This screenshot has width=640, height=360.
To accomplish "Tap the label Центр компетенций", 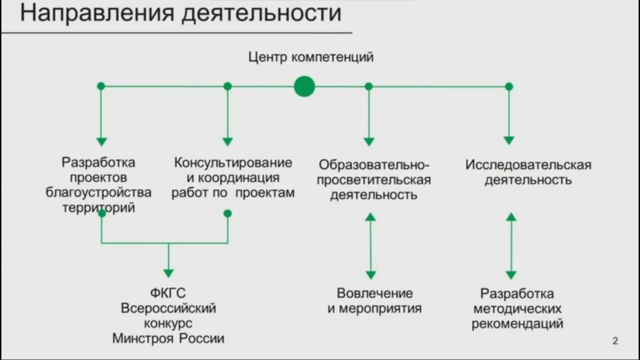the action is [311, 57].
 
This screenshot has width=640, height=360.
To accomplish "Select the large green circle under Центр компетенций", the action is [304, 86].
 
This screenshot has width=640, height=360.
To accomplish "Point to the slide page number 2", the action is [615, 340].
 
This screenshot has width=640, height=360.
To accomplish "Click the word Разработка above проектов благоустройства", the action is [98, 163].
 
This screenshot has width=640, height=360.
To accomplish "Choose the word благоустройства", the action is [98, 192].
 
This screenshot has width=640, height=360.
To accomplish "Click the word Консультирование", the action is [233, 163].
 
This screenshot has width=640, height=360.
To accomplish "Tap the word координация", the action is [238, 178].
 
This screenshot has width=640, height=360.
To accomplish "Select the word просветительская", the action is [373, 180].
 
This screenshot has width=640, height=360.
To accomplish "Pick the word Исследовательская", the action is [528, 165].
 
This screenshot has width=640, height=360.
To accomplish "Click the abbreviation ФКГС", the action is [168, 293].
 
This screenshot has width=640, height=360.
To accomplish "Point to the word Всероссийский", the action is [168, 308].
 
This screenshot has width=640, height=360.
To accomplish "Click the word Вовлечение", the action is [374, 293].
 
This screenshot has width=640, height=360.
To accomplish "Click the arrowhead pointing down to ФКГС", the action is [168, 273].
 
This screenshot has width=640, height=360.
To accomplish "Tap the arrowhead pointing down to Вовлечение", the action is [370, 275].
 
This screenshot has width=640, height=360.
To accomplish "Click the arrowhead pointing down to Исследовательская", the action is [509, 140].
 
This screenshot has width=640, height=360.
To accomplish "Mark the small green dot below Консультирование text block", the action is [227, 213].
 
